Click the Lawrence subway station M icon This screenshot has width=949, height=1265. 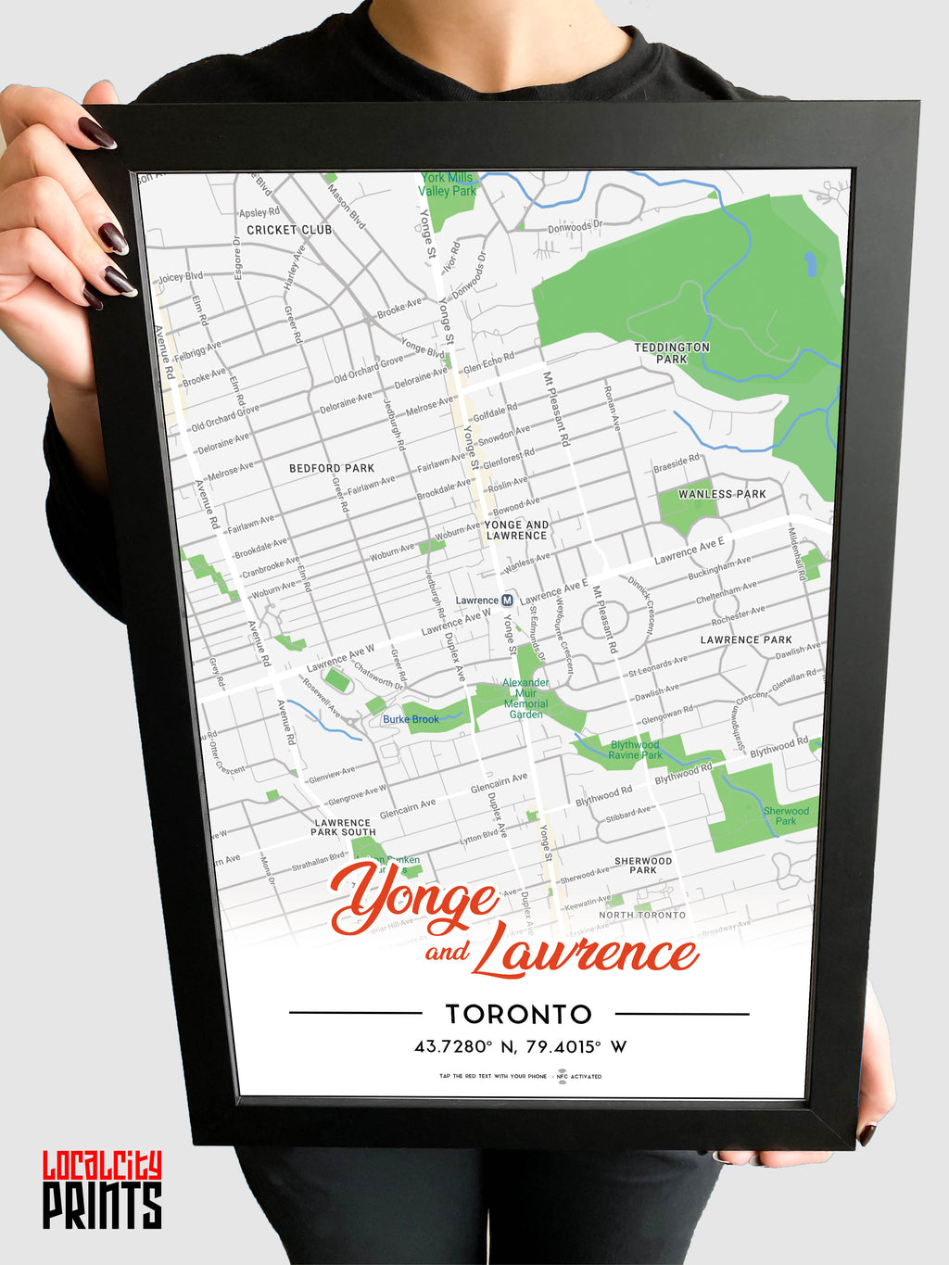[507, 601]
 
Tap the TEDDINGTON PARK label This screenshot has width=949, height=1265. [672, 353]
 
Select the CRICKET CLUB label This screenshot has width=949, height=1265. [289, 230]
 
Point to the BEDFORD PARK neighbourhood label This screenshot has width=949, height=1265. [332, 468]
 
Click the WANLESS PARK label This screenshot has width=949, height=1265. [722, 494]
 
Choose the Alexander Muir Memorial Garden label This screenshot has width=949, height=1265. [525, 699]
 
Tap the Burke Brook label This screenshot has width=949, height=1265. [411, 719]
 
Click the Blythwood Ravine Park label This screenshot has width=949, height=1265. [635, 750]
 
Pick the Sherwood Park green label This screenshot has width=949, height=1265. [786, 816]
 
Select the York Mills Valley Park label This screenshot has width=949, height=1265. [447, 183]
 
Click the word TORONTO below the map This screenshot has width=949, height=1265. [518, 1014]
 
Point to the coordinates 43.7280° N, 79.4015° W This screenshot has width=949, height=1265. [520, 1047]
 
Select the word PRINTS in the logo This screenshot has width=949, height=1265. [102, 1206]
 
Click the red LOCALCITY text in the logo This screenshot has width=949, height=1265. [102, 1165]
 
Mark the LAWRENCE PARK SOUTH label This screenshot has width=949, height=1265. [343, 828]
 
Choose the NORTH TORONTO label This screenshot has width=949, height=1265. [642, 915]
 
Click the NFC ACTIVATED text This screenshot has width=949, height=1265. [586, 1077]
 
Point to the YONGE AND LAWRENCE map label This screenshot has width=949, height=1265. [516, 530]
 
